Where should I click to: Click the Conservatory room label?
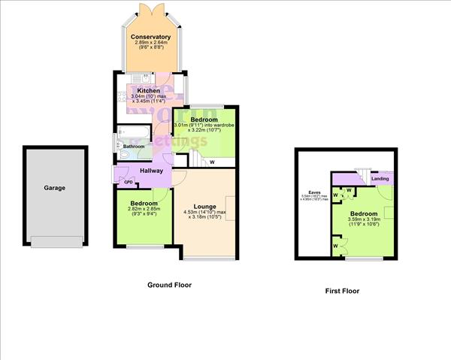point(150,37)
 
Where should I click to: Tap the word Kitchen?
point(148,92)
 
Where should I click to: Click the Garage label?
point(53,188)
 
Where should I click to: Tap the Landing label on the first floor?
point(380,178)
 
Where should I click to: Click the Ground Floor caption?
point(170,285)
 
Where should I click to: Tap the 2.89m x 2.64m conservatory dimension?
point(150,44)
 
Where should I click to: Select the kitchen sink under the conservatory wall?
point(140,77)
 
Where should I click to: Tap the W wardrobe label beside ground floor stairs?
point(212,162)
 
